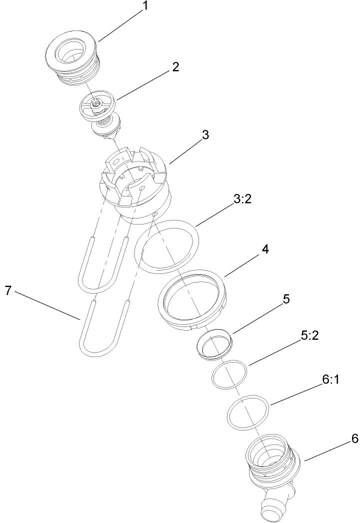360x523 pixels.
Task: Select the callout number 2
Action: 175,67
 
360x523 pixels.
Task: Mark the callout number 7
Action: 8,291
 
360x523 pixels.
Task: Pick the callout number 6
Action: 341,438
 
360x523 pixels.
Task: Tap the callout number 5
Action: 286,299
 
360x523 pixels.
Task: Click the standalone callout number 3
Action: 205,135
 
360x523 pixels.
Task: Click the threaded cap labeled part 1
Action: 72,60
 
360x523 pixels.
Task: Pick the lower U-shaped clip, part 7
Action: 102,330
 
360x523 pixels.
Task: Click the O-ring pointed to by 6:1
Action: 248,411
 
